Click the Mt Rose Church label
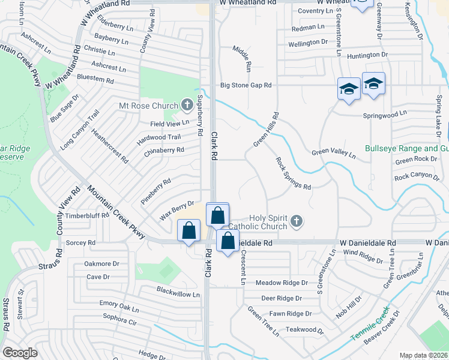pyautogui.click(x=149, y=106)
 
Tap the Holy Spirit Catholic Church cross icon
pyautogui.click(x=296, y=223)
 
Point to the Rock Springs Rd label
pyautogui.click(x=294, y=173)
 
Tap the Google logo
pyautogui.click(x=20, y=353)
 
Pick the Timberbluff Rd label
pyautogui.click(x=88, y=215)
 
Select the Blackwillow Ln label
pyautogui.click(x=178, y=294)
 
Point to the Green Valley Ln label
pyautogui.click(x=333, y=154)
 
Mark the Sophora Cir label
pyautogui.click(x=121, y=319)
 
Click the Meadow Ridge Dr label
pyautogui.click(x=281, y=283)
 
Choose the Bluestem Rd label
pyautogui.click(x=93, y=79)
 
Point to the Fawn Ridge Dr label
pyautogui.click(x=291, y=314)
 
